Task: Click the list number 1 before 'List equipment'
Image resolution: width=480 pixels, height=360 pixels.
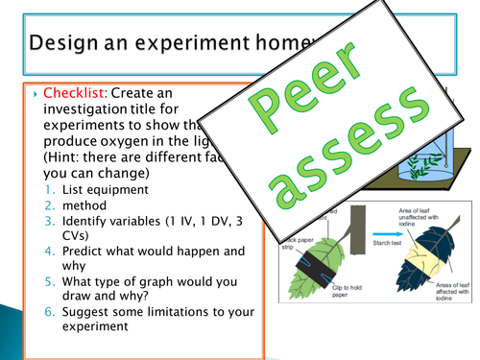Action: [52, 203]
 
